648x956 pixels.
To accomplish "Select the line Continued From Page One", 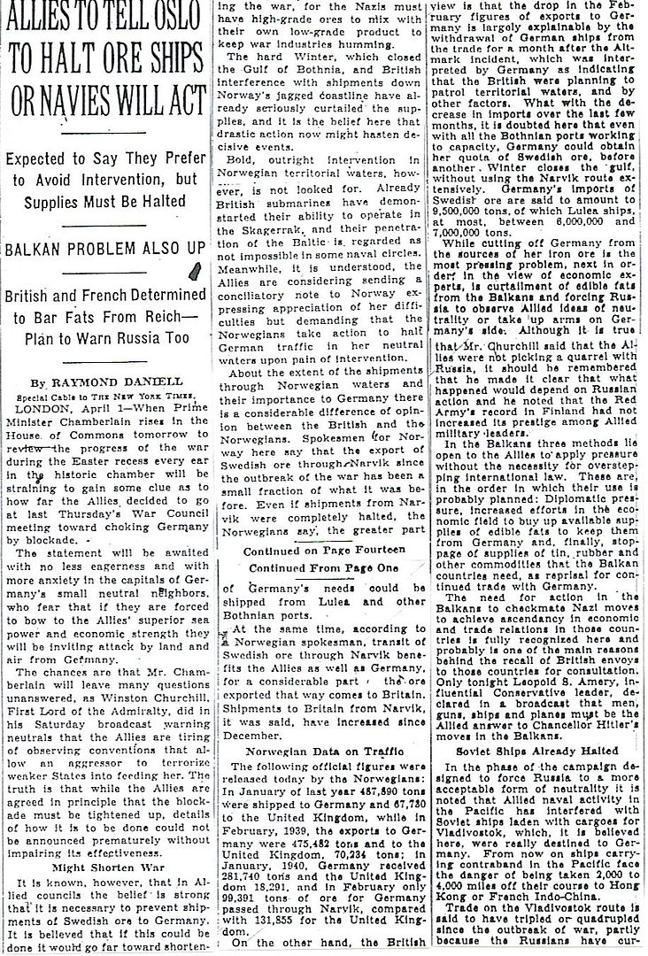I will click(x=321, y=569).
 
